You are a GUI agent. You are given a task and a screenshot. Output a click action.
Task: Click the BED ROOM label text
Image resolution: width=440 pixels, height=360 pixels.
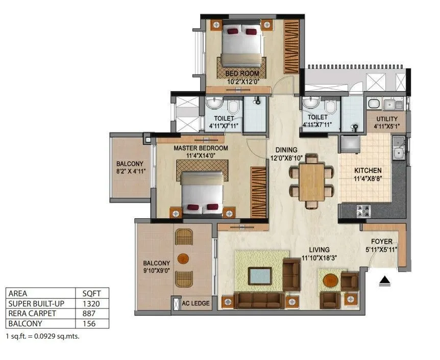click(x=242, y=73)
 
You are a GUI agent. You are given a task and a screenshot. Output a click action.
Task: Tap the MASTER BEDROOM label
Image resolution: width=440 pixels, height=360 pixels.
click(x=201, y=148)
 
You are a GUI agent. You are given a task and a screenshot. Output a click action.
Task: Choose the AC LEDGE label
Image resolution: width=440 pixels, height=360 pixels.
click(x=195, y=303)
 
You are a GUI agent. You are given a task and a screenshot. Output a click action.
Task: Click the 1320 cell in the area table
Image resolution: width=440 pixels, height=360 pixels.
click(x=92, y=303)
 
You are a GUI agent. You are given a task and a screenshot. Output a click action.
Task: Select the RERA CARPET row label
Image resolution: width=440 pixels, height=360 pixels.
click(x=32, y=314)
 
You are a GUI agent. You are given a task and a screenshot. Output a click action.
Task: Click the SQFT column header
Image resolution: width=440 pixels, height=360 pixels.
click(x=92, y=293)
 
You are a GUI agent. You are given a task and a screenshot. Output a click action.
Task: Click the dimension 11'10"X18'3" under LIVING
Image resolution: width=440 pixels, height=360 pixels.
click(x=319, y=257)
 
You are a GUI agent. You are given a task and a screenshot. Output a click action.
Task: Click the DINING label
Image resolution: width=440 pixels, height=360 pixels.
click(x=286, y=150)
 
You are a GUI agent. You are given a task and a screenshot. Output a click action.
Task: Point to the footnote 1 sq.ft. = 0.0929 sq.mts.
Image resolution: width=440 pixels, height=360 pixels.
click(x=42, y=337)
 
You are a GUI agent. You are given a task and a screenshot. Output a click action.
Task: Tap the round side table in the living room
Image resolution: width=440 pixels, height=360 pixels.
click(x=331, y=280)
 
